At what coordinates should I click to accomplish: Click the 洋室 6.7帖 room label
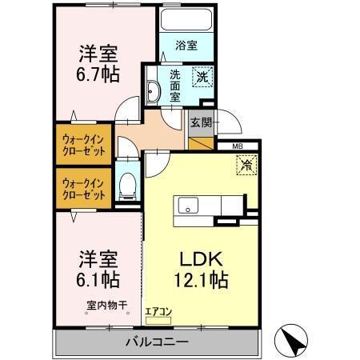99,65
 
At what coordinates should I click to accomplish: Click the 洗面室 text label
175,86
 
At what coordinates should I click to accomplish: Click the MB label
238,147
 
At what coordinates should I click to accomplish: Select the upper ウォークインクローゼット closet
84,143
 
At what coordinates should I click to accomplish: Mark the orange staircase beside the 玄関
202,145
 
